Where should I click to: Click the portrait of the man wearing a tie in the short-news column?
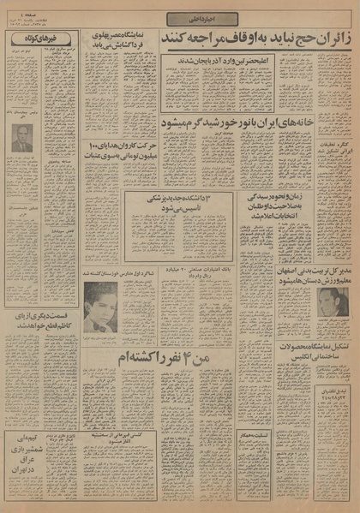[x=22, y=138]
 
